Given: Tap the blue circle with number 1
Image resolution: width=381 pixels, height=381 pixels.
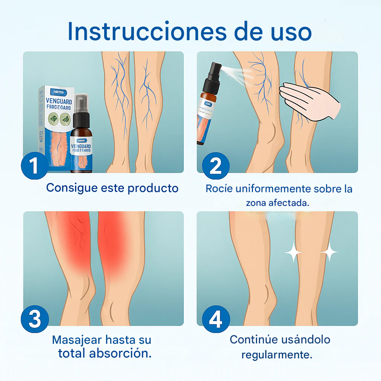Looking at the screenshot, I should point(35,166).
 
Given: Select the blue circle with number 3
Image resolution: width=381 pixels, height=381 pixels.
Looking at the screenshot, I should point(35,319).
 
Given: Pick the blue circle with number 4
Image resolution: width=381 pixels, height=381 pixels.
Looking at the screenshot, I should point(216,319).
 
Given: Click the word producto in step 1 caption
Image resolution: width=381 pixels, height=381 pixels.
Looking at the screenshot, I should point(153,188).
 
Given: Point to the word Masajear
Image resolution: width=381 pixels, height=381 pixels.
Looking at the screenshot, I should point(77,340).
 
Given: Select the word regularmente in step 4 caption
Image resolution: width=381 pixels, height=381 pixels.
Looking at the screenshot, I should point(276,355).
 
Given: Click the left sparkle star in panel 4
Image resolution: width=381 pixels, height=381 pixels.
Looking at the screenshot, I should point(294,253).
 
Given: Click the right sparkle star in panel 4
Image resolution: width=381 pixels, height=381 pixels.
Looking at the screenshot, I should point(329,253).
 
